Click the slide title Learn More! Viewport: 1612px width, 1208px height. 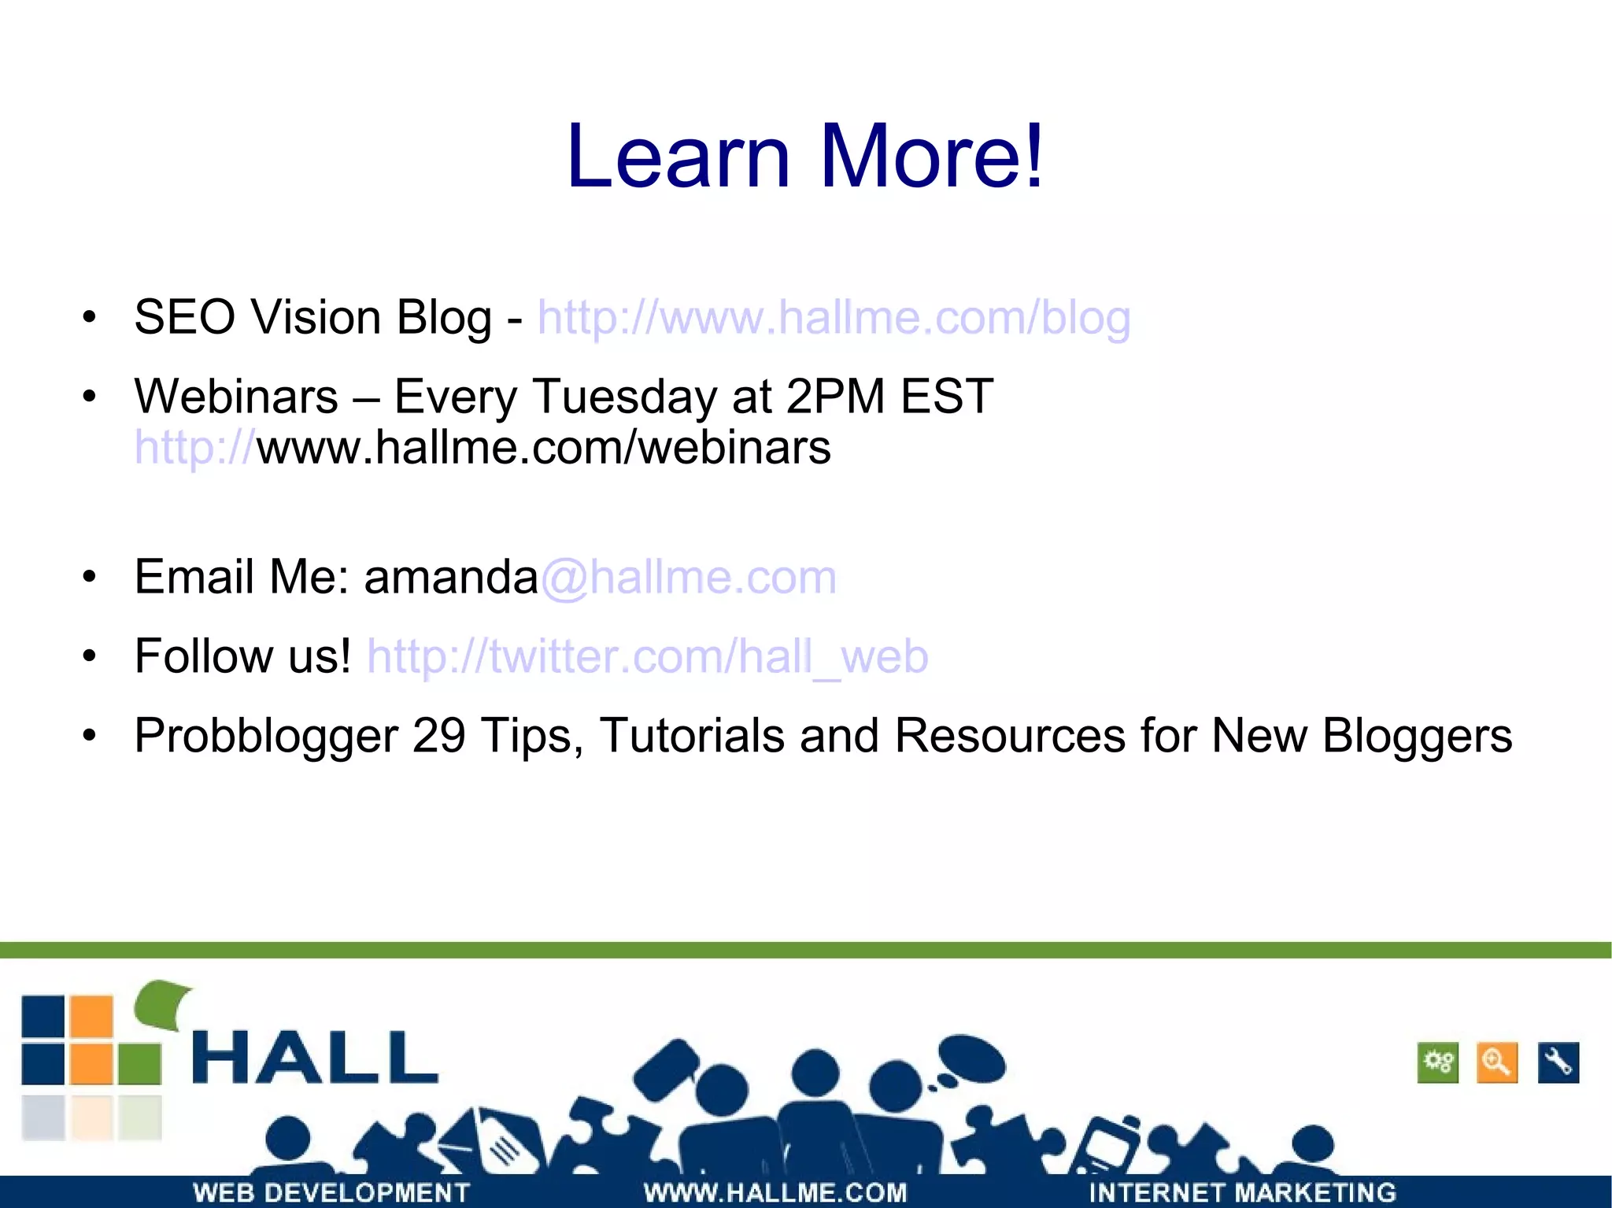[804, 157]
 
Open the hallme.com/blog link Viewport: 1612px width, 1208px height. [834, 318]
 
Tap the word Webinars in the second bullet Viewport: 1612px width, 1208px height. [236, 396]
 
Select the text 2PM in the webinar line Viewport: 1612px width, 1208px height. [835, 396]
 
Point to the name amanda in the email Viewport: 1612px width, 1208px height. [450, 577]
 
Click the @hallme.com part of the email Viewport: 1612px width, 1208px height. [689, 577]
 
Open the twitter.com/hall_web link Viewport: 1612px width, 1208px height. [647, 656]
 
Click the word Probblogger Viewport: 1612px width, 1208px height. [266, 737]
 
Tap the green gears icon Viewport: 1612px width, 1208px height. [1437, 1063]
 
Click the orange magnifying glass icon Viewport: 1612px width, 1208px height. [1496, 1063]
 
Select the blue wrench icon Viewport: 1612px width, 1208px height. [1558, 1063]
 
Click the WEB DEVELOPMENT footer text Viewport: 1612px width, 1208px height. [331, 1192]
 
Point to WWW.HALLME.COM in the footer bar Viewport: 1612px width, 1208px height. [775, 1192]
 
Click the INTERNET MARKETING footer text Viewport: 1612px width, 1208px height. [1242, 1192]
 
